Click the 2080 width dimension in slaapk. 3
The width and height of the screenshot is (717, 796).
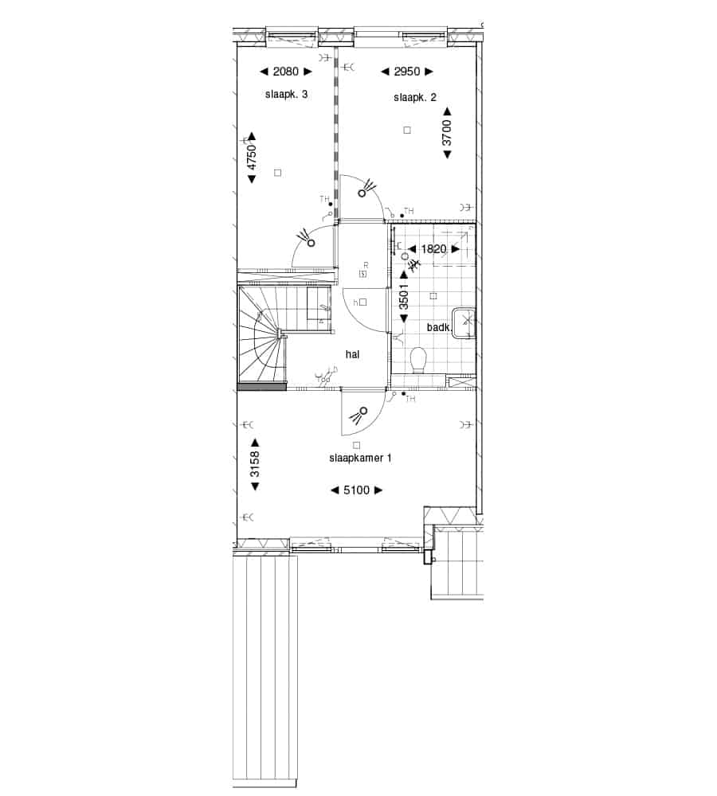tap(285, 72)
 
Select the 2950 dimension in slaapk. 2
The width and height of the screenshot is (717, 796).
tap(407, 72)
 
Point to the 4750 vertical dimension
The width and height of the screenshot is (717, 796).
tap(252, 158)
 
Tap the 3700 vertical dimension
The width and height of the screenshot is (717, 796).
tap(447, 132)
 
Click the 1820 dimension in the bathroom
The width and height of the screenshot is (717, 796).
tap(433, 249)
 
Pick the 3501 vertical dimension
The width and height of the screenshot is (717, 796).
tap(404, 296)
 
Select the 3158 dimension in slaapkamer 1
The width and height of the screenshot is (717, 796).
tap(255, 464)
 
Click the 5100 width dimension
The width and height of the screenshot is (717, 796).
tap(356, 490)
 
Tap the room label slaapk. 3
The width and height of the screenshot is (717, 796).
tap(286, 95)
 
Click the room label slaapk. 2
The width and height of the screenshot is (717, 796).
tap(414, 97)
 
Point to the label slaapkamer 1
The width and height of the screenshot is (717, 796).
tap(360, 458)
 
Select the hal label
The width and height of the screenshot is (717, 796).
tap(352, 354)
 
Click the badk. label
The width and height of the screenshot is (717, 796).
tap(439, 327)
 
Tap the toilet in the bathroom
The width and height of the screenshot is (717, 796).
tap(417, 360)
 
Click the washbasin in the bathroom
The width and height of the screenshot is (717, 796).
tap(464, 322)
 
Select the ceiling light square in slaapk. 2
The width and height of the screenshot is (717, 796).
tap(407, 130)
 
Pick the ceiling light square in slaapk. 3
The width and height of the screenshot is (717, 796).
tap(277, 173)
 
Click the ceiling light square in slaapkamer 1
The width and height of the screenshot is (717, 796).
tap(356, 445)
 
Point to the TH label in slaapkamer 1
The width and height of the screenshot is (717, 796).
tap(410, 399)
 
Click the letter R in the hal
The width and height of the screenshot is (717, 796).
tap(366, 266)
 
